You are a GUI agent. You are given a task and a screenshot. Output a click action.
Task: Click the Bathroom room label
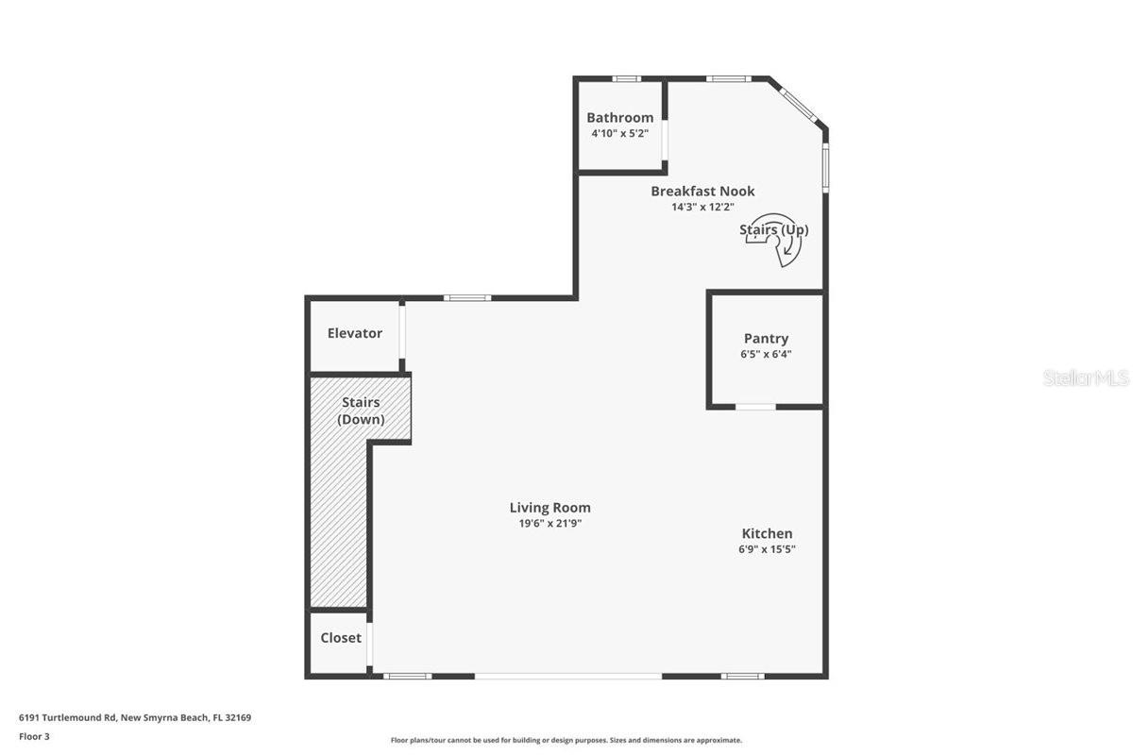[x=619, y=118]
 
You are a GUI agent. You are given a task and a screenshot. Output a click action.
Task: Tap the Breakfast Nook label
[x=702, y=192]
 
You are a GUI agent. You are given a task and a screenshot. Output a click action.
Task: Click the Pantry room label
[x=766, y=339]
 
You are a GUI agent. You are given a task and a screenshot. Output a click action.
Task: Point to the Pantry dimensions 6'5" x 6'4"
[x=766, y=355]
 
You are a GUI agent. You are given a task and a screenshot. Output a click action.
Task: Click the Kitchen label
[x=767, y=534]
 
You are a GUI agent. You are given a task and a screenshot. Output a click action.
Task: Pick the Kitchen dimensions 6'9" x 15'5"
[x=767, y=549]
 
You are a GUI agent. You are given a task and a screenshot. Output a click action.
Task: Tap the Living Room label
[x=550, y=508]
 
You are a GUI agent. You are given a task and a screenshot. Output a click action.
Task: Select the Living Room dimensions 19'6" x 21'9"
[x=550, y=523]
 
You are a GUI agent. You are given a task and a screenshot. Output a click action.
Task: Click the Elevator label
[x=355, y=333]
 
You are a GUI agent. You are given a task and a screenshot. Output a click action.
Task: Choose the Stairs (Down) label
[x=361, y=411]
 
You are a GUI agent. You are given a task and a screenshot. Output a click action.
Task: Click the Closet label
[x=341, y=638]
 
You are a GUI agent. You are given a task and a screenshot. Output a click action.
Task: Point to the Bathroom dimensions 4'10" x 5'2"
[x=619, y=133]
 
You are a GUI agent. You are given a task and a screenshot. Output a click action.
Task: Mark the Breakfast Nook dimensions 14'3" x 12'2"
[x=702, y=207]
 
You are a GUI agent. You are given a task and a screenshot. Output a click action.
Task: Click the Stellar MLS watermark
[x=1086, y=377]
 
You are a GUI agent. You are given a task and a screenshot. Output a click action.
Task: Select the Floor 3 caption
[x=34, y=736]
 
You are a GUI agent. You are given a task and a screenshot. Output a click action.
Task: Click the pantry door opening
[x=755, y=407]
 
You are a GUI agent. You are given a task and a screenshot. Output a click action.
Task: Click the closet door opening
[x=369, y=646]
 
